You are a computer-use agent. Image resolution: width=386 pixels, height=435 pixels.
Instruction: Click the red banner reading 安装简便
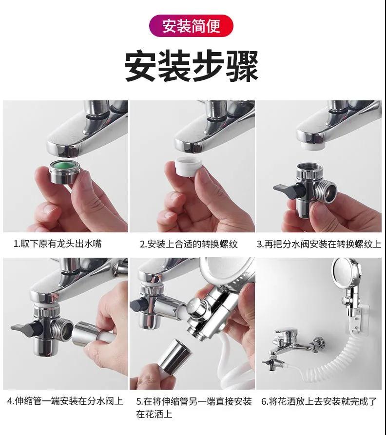pyautogui.click(x=191, y=26)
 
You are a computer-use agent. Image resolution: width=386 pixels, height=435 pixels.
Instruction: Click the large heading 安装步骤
pyautogui.click(x=192, y=66)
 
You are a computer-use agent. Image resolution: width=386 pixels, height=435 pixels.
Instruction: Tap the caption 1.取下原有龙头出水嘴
pyautogui.click(x=58, y=244)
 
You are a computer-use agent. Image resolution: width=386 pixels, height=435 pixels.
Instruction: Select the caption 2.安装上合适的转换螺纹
pyautogui.click(x=189, y=244)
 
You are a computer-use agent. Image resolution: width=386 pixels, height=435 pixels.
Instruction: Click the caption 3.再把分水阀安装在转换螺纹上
pyautogui.click(x=319, y=244)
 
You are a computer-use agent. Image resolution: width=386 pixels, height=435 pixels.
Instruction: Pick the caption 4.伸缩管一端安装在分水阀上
pyautogui.click(x=65, y=401)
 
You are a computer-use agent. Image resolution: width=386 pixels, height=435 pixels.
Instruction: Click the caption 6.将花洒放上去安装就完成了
pyautogui.click(x=319, y=401)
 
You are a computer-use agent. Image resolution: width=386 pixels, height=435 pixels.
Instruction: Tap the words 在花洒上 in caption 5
pyautogui.click(x=154, y=414)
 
